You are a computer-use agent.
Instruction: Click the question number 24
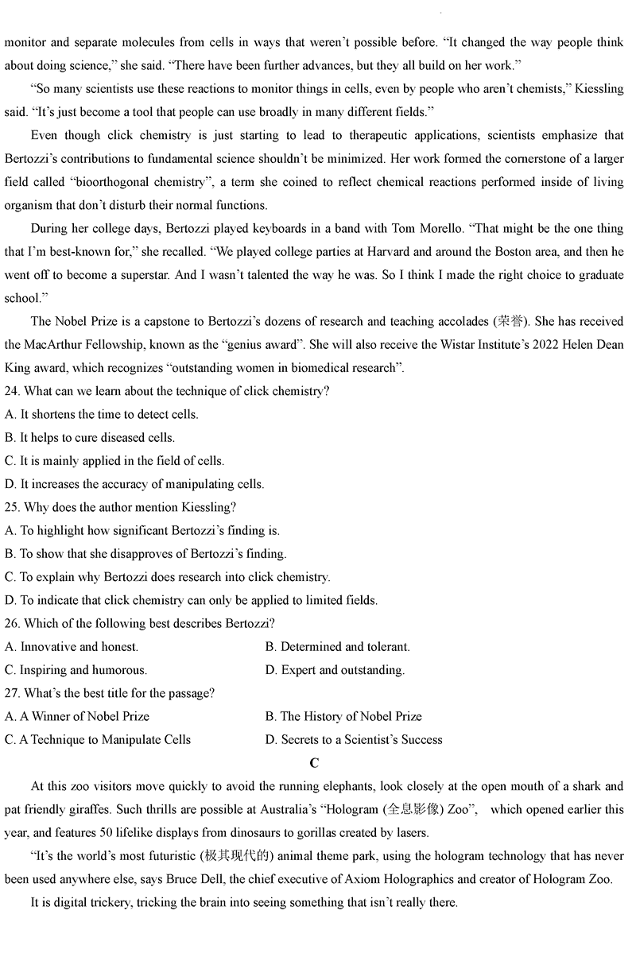pos(12,391)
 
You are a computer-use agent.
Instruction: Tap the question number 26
pos(12,623)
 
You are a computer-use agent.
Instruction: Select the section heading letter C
pos(314,763)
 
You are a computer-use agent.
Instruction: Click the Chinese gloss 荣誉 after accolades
pos(510,322)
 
